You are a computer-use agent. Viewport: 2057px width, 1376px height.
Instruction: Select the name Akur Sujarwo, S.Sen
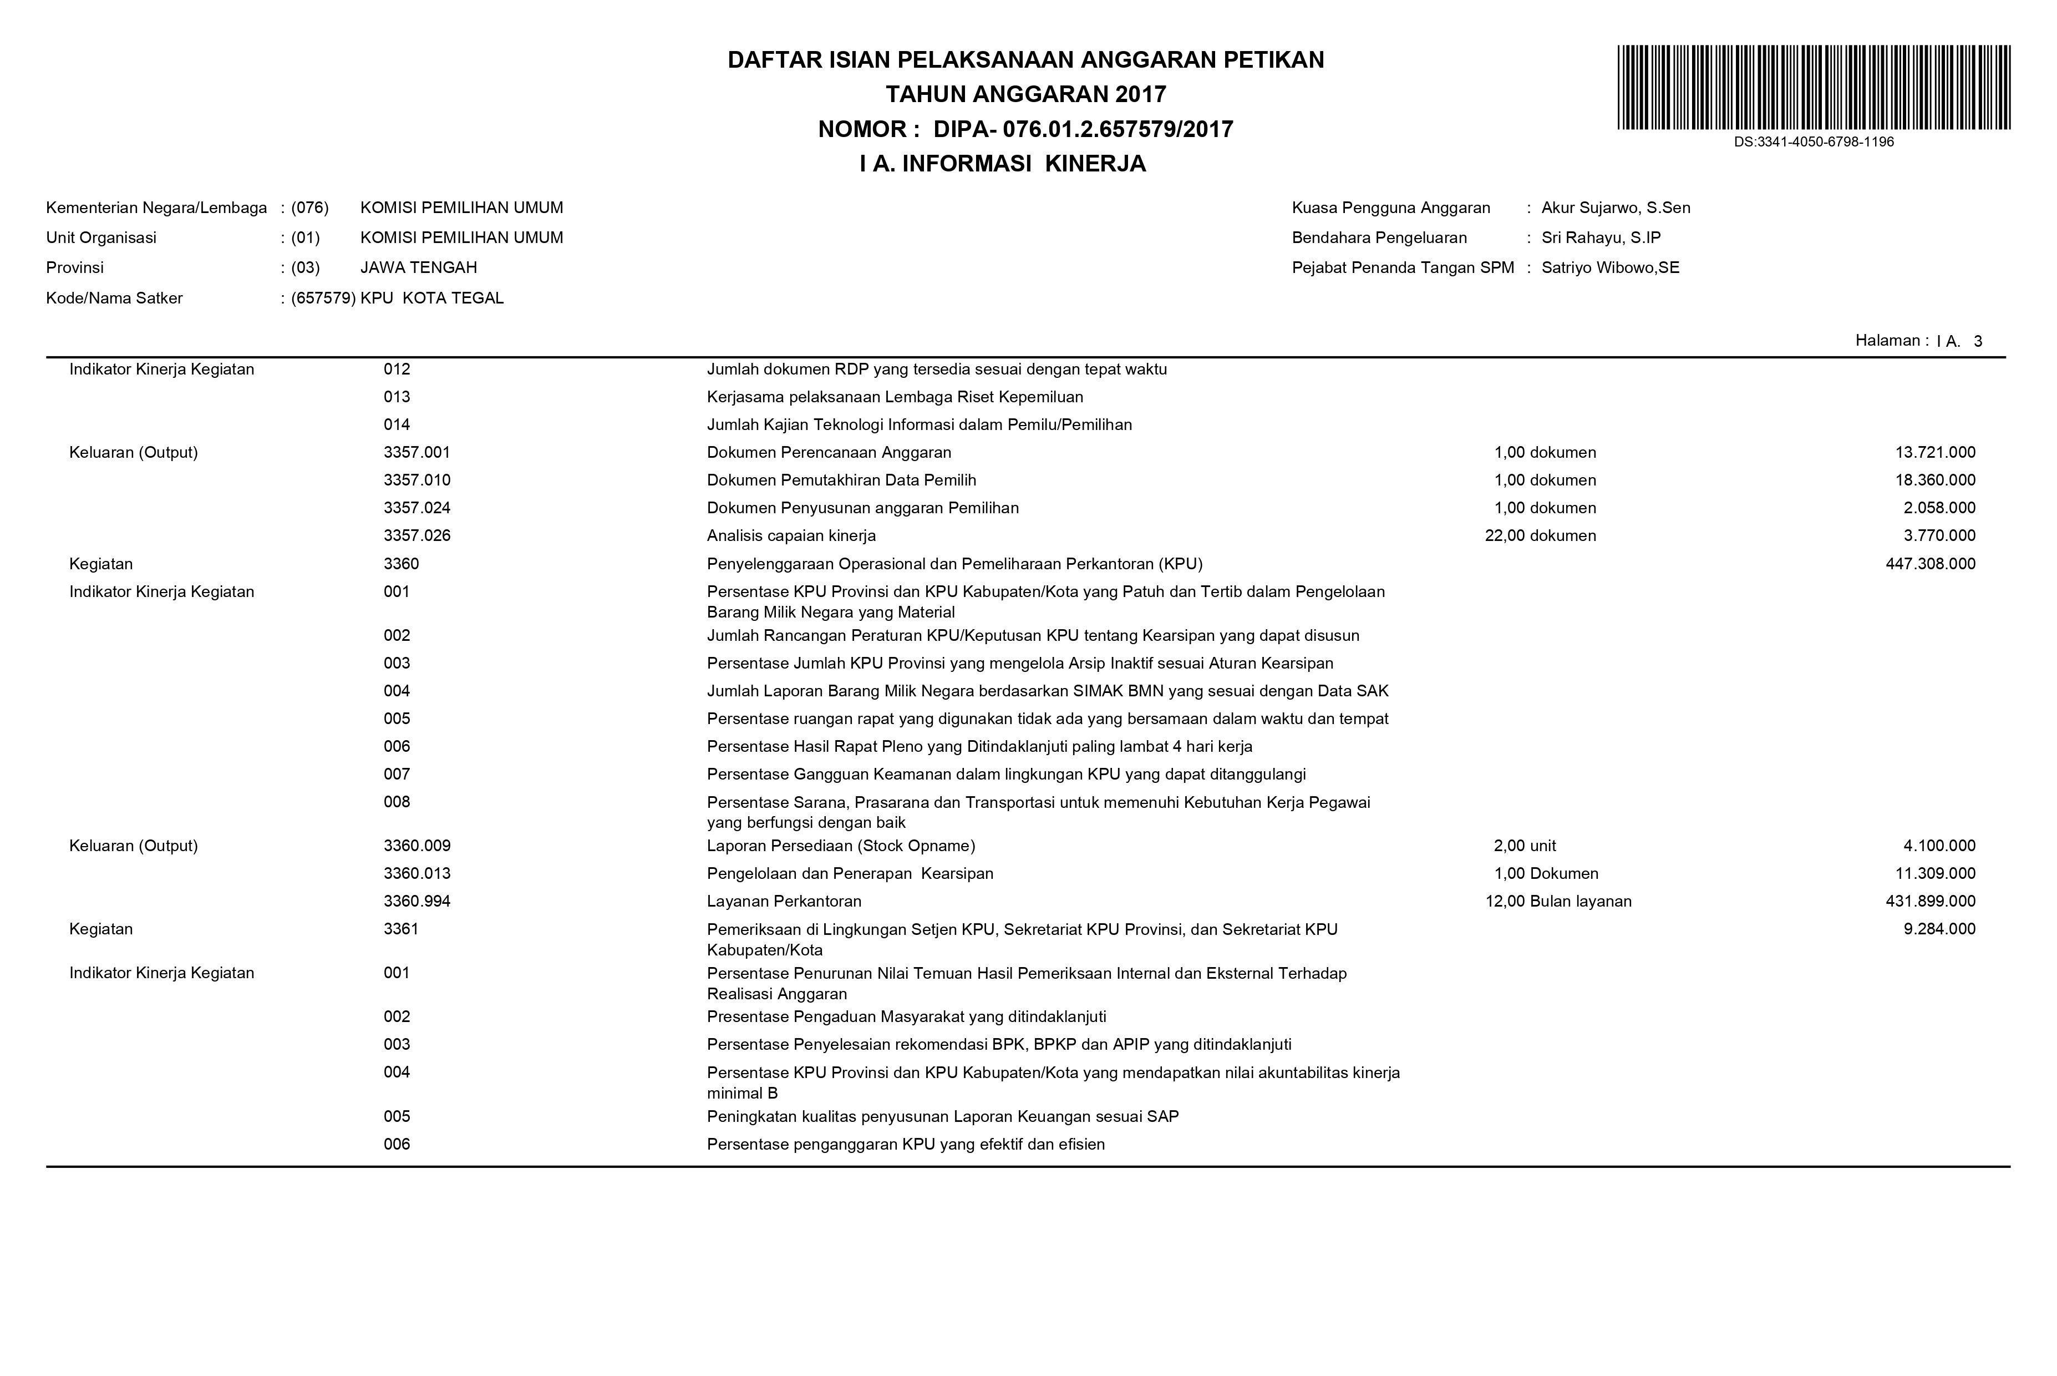(x=1615, y=208)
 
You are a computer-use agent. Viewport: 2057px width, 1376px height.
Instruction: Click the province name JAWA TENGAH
(x=418, y=267)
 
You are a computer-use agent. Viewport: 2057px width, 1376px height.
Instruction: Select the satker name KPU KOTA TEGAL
(x=431, y=299)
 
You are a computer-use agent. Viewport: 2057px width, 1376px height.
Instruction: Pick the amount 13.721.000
(x=1934, y=453)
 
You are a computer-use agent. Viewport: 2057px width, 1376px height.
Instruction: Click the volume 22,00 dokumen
(x=1540, y=536)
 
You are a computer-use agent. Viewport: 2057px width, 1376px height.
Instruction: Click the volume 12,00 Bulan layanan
(x=1558, y=901)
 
